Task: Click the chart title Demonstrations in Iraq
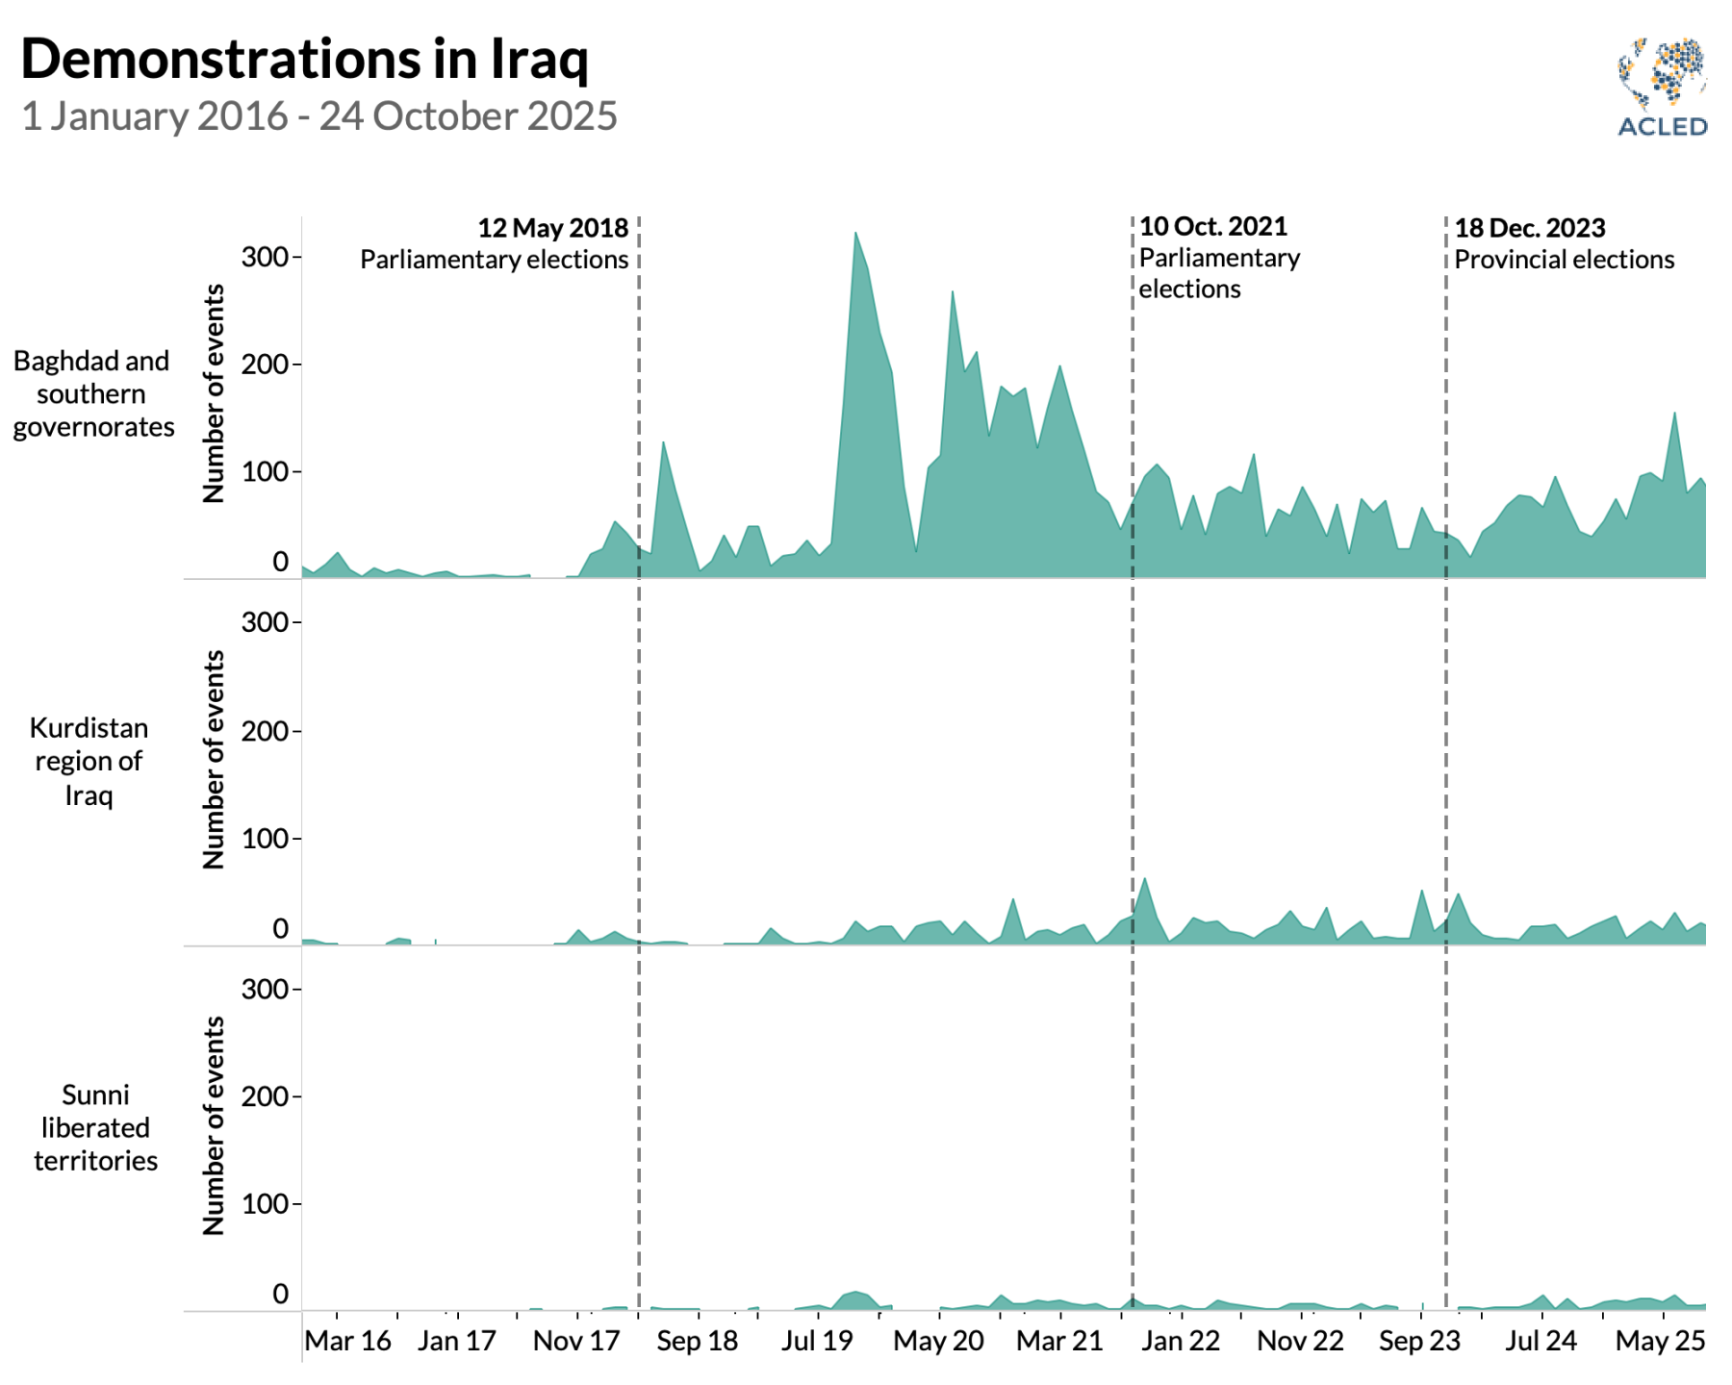point(304,60)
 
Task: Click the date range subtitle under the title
point(318,116)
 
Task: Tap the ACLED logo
point(1662,88)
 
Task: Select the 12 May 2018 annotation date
point(552,228)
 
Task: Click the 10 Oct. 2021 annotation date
point(1212,226)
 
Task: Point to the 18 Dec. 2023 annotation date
point(1529,228)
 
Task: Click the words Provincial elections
point(1564,260)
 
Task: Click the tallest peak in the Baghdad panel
point(855,235)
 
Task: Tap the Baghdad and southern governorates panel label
point(92,393)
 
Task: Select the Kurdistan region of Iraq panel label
point(89,761)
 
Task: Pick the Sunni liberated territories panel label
point(95,1127)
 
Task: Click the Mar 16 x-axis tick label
point(347,1341)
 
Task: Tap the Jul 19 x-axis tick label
point(817,1341)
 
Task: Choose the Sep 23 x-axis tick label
point(1419,1341)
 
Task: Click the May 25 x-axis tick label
point(1660,1341)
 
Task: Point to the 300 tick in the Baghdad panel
point(265,257)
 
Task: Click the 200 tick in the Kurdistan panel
point(265,731)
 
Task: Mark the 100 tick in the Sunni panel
point(265,1204)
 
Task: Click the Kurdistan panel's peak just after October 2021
point(1145,880)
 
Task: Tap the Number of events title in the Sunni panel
point(214,1125)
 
